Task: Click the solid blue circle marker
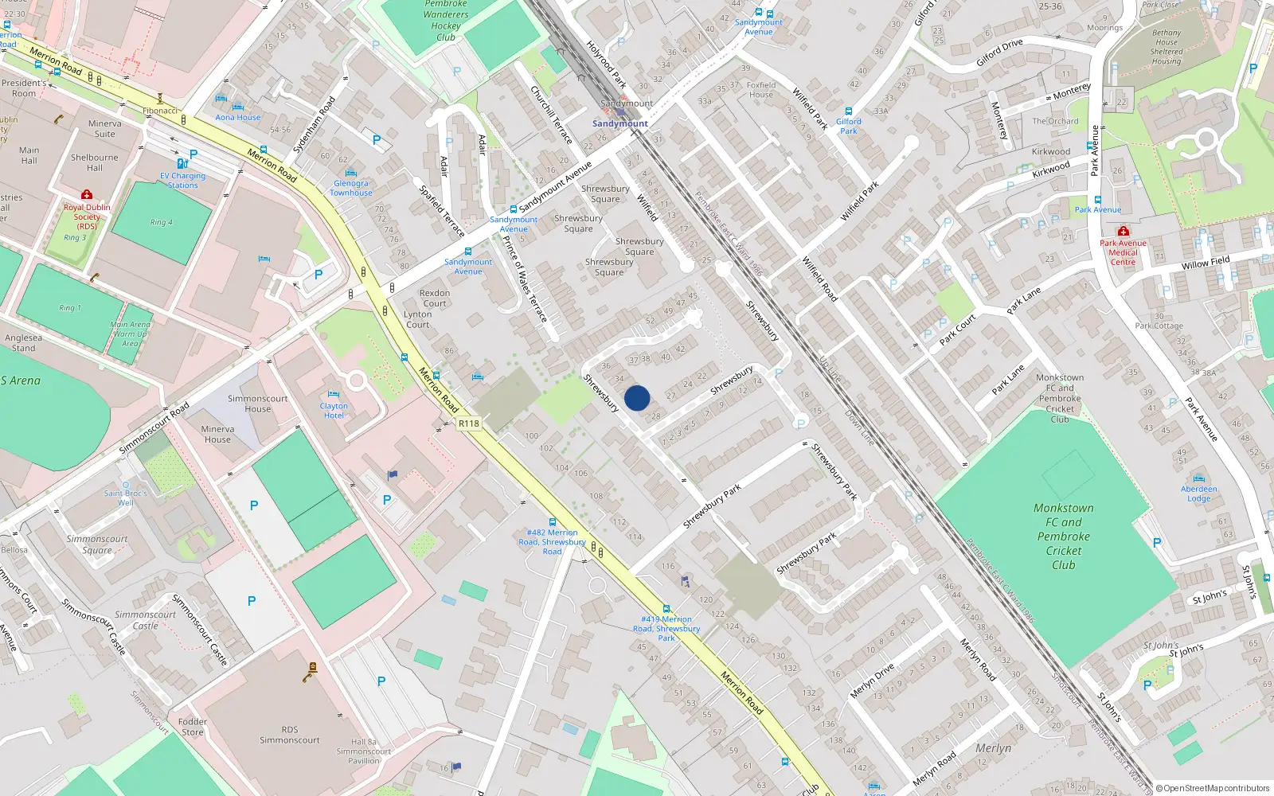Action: [x=637, y=398]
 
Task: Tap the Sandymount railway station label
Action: [x=619, y=123]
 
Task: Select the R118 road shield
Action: [x=469, y=423]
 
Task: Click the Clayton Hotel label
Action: [x=334, y=411]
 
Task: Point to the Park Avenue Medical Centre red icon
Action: [x=1123, y=232]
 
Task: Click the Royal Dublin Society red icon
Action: [x=87, y=195]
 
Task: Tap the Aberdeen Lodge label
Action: [x=1198, y=494]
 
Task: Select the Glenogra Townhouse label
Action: [x=350, y=188]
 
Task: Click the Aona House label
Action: [x=237, y=117]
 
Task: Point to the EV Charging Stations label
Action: [x=182, y=181]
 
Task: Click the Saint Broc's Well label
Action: [x=125, y=497]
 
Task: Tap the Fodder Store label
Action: [x=193, y=727]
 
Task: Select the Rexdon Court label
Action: [x=435, y=298]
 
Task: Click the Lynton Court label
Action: [x=417, y=319]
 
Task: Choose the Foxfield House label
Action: [x=761, y=89]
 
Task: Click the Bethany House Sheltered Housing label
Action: [x=1166, y=47]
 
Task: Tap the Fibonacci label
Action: [x=160, y=111]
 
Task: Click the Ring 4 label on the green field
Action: [x=161, y=223]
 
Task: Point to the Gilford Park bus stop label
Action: [x=849, y=126]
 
